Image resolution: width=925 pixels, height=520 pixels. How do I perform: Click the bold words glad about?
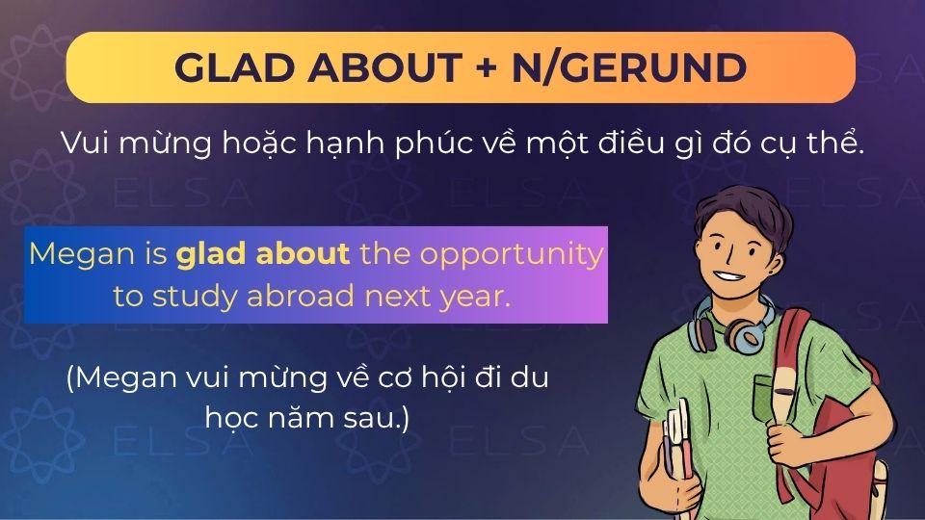[262, 255]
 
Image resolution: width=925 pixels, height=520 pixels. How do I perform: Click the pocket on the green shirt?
[766, 395]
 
